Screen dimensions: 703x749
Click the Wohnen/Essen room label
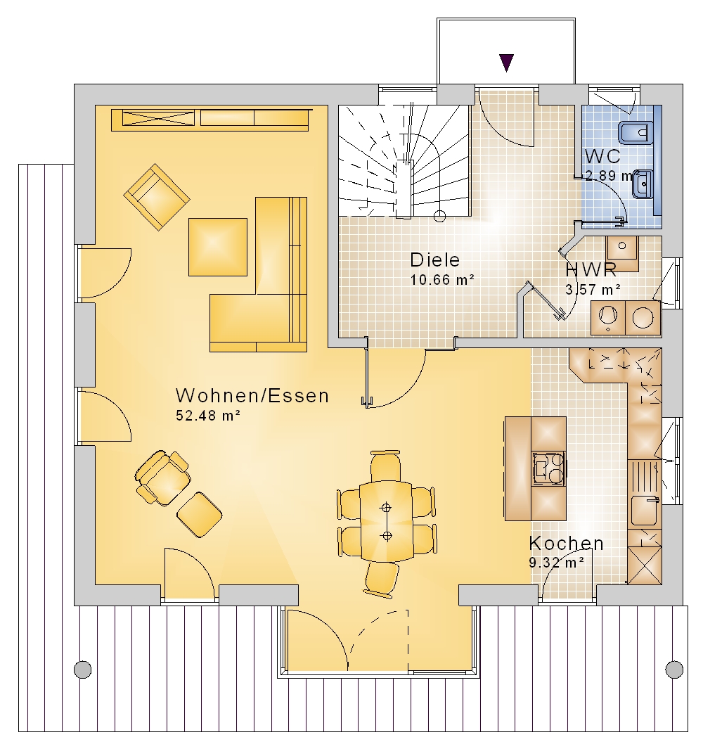coord(252,396)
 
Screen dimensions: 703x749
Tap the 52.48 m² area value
coord(208,416)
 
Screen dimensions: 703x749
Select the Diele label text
coord(435,260)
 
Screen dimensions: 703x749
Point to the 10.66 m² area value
coord(442,279)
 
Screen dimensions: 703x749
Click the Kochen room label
coord(567,543)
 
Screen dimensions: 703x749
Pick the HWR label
coord(591,270)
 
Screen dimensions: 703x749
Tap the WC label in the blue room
coord(602,156)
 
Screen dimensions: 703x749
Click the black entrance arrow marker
coord(506,63)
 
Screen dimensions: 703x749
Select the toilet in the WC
coord(636,132)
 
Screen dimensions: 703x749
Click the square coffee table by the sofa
coord(218,247)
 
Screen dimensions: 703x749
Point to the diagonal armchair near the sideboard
coord(157,197)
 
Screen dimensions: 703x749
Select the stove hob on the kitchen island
coord(549,468)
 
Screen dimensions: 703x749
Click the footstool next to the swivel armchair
coord(199,515)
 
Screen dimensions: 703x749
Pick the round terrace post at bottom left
coord(83,670)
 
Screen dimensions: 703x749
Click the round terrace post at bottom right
coord(674,670)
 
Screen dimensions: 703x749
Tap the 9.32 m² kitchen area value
coord(556,563)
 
